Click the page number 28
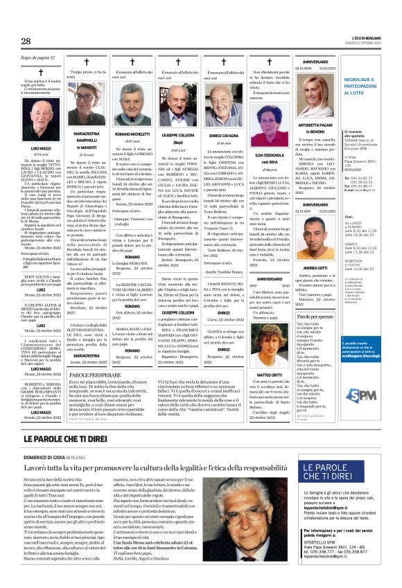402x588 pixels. (26, 42)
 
